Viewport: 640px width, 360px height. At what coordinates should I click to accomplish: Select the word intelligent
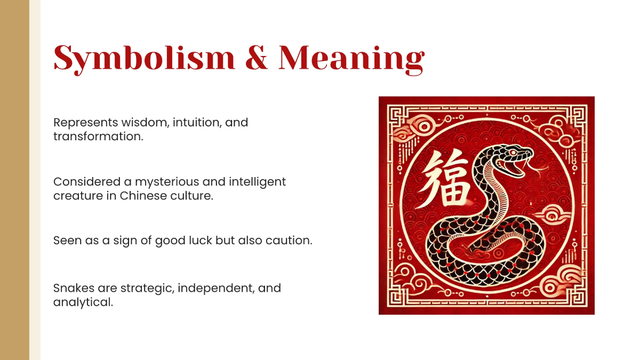(258, 182)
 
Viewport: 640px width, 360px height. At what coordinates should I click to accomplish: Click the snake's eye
(513, 153)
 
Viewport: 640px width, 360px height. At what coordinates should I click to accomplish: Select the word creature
(75, 196)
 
